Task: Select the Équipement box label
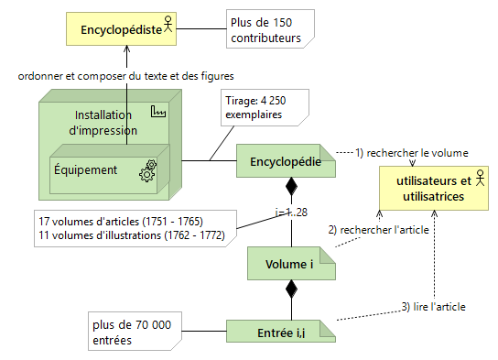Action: pos(85,169)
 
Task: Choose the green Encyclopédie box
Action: pos(286,162)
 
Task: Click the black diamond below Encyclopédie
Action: pos(292,189)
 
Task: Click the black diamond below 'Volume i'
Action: pos(292,290)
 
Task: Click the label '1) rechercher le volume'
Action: pos(411,152)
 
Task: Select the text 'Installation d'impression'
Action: pos(102,122)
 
